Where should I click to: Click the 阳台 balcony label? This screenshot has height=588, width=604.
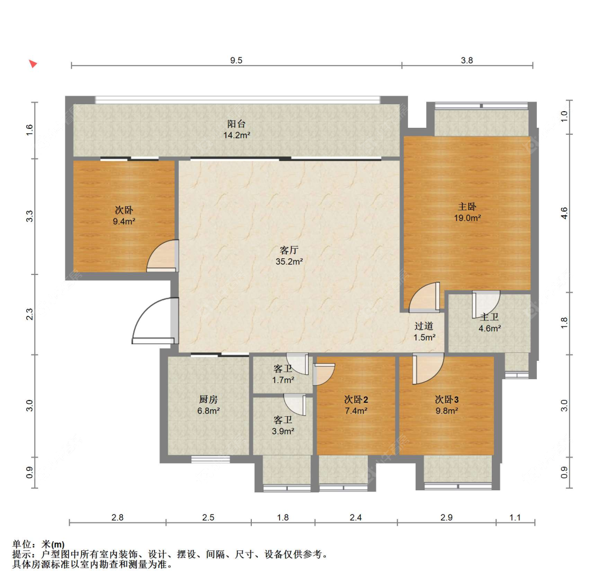pos(236,124)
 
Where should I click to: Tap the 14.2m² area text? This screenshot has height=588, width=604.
pos(237,135)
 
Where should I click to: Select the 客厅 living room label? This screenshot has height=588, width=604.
pos(289,250)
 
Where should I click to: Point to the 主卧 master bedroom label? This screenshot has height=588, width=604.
pos(467,207)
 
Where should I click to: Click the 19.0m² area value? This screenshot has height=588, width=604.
pos(467,218)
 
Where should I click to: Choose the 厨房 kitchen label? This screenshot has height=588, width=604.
pos(208,400)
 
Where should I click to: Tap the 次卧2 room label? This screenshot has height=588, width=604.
pos(356,400)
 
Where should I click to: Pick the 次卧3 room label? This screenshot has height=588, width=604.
pos(447,400)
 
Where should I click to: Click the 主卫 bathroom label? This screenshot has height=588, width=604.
pos(490,317)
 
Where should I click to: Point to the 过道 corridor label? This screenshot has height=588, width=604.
pos(424,326)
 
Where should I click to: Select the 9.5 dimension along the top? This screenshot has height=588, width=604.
pos(236,61)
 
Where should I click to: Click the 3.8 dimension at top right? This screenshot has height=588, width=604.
pos(467,61)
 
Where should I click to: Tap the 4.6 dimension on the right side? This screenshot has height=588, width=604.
pos(564,213)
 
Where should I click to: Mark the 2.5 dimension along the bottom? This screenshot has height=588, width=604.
pos(208,518)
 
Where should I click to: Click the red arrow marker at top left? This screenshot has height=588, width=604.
pos(33,63)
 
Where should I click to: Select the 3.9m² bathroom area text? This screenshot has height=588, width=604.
pos(283,432)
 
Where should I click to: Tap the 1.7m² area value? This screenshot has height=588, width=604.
pos(283,380)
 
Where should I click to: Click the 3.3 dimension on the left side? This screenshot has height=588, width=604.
pos(30,216)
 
